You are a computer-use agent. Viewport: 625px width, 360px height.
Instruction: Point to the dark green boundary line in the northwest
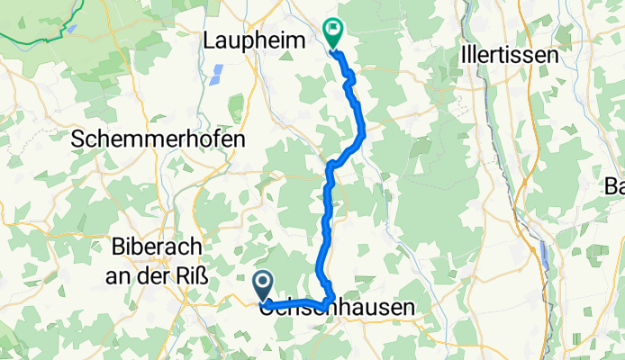[x=36, y=40]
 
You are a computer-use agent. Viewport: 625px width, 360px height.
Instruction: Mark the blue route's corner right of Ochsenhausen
[x=333, y=297]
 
